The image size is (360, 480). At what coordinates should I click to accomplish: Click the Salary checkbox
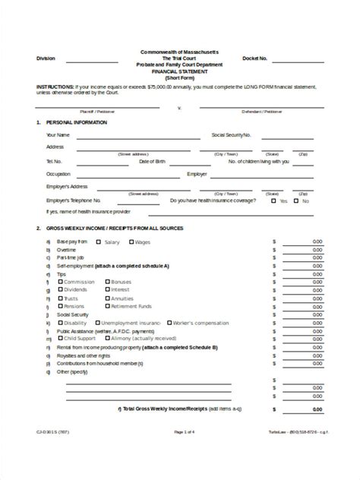pyautogui.click(x=99, y=242)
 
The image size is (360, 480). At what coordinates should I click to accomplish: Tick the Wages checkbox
pyautogui.click(x=131, y=242)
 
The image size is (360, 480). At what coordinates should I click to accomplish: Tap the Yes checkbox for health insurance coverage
pyautogui.click(x=275, y=201)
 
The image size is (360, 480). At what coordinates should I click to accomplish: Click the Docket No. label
pyautogui.click(x=254, y=58)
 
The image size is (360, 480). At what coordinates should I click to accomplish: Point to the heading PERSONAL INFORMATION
pyautogui.click(x=76, y=122)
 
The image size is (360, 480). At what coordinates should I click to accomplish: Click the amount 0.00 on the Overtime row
pyautogui.click(x=317, y=250)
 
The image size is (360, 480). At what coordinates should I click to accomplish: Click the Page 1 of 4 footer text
pyautogui.click(x=184, y=453)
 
